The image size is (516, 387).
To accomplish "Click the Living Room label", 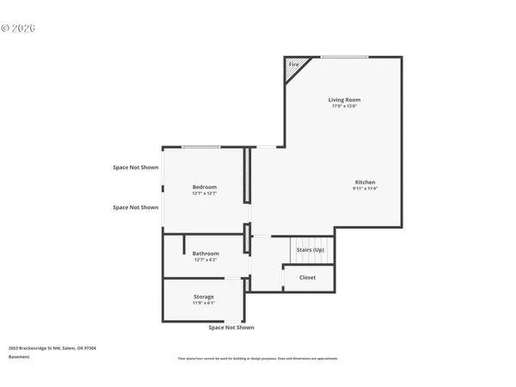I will coord(343,100).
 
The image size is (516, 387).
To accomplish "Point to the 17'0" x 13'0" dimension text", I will coord(343,107).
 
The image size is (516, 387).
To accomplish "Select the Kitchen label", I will coord(365,181).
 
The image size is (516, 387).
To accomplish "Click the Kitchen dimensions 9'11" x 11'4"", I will coord(365,188).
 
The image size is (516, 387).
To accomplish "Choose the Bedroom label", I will coord(205,187).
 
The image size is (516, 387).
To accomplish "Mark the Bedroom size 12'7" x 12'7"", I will coord(205,193).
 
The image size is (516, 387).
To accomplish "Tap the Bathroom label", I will coord(206,254).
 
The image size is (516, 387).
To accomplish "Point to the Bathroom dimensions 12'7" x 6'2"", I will coord(206,261).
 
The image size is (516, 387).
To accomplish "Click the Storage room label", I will coord(204,297).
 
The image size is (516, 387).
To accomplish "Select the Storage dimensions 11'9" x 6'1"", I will coord(204,304).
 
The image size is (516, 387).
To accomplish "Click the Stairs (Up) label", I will coord(310,249).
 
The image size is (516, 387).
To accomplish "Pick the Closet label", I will coord(307,278).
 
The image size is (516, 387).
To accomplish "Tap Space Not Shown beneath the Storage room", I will coord(231,328).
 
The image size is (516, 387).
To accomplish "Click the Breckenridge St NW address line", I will coord(52,348).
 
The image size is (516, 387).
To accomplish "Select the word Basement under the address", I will coord(19,356).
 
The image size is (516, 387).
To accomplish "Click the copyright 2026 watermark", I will coord(18,28).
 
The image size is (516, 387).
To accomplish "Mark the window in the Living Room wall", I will coord(345,58).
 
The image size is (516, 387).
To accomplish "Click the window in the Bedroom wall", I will coord(201,147).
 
